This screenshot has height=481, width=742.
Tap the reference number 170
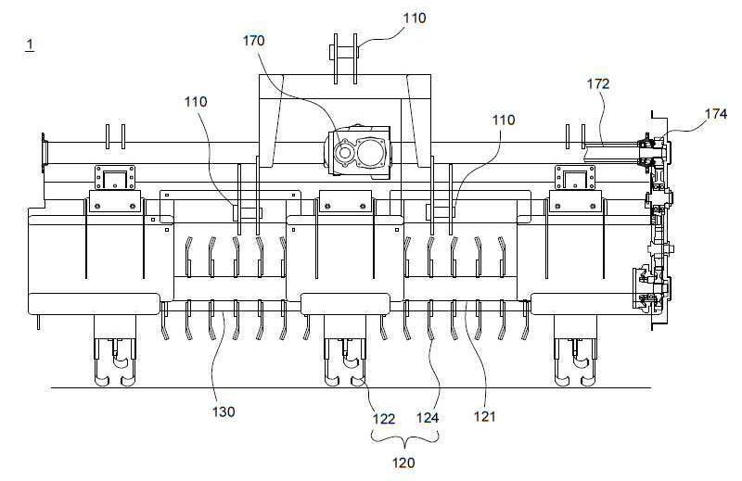pos(253,41)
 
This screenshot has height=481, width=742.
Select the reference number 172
pos(598,83)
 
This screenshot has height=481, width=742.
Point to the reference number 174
pos(715,114)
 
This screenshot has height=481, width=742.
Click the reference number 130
pos(224,411)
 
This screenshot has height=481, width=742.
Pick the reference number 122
pos(384,419)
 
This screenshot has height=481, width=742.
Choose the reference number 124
pos(428,418)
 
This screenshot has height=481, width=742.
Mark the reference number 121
pos(484,416)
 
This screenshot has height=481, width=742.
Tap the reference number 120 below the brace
pos(403,462)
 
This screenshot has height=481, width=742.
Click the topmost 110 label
pos(415,18)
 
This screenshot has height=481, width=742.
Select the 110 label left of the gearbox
pos(196,102)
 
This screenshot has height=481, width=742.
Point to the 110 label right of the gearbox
pos(504,120)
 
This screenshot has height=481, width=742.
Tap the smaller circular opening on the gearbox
pos(342,152)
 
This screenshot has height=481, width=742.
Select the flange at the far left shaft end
pos(44,153)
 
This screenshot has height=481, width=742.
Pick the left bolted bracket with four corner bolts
pos(115,178)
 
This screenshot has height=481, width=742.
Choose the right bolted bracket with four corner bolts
pos(574,178)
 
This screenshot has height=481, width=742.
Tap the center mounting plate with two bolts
pos(345,201)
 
